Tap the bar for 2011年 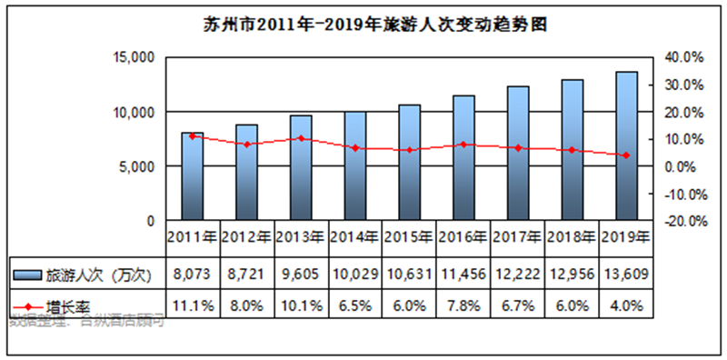[192, 176]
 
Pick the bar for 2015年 [409, 162]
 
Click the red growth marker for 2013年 [301, 138]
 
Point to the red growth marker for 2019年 [626, 155]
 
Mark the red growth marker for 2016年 [463, 145]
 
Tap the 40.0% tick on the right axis [682, 57]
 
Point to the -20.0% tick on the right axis [682, 221]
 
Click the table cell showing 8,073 [192, 272]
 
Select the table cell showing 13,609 [626, 272]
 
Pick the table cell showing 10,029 [355, 272]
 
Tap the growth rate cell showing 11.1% [192, 305]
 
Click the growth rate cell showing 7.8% [463, 305]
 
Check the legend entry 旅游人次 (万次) [87, 272]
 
